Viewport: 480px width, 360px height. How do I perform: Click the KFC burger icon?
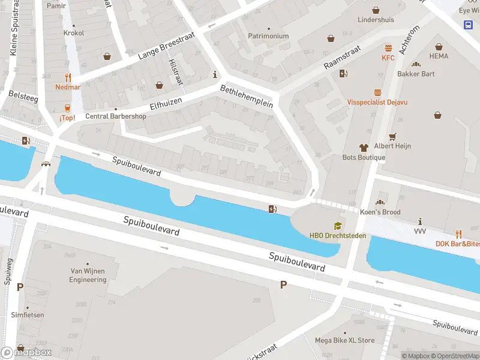coord(388,48)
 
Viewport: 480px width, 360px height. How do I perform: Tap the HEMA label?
coord(439,56)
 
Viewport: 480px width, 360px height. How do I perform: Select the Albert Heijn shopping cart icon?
coord(393,136)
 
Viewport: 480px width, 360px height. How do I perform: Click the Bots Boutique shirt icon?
coord(364,147)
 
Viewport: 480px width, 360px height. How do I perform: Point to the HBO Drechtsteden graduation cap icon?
coord(338,226)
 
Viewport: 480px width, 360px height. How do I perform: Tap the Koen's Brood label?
coord(380,212)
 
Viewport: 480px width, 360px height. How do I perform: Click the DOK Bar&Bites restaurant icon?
coord(458,233)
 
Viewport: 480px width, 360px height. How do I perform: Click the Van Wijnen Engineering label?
coord(88,275)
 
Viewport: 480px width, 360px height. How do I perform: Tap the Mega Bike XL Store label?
coord(344,341)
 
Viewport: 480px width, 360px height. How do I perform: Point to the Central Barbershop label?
coord(115,116)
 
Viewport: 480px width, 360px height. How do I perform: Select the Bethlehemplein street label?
coord(247,96)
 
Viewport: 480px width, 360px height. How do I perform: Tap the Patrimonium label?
coord(268,36)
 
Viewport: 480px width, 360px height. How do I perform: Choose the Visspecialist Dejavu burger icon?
coord(377,92)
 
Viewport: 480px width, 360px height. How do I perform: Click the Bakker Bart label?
coord(416,74)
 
